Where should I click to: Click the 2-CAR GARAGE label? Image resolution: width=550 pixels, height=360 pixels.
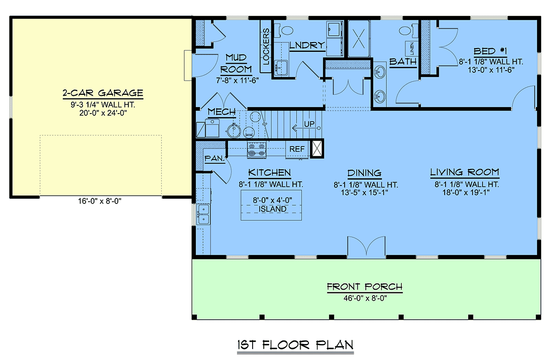point(103,93)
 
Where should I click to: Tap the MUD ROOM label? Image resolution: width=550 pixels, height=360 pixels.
point(236,64)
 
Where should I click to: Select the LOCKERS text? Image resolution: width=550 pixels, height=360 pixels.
point(266,46)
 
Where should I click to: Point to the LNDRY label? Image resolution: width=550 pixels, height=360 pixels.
point(307,45)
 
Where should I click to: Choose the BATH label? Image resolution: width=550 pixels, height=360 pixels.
point(403,61)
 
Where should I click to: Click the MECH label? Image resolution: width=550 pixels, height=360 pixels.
point(222,112)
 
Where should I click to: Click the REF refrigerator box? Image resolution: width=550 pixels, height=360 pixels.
point(297,149)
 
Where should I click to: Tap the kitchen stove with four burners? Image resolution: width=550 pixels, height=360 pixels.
point(257,150)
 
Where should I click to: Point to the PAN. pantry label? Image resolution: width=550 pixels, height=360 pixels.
point(215,158)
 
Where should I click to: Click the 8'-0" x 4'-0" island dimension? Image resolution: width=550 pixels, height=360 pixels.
point(273,200)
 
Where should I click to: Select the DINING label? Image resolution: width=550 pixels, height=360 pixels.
point(364,173)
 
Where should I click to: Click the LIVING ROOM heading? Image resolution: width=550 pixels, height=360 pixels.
point(465,172)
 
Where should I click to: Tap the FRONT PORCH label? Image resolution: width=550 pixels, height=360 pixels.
point(365,287)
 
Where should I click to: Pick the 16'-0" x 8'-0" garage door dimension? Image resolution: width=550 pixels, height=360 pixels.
point(100,201)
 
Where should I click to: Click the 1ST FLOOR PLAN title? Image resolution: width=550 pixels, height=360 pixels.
point(295,345)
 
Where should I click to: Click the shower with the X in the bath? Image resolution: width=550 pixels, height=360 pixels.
point(359,38)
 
